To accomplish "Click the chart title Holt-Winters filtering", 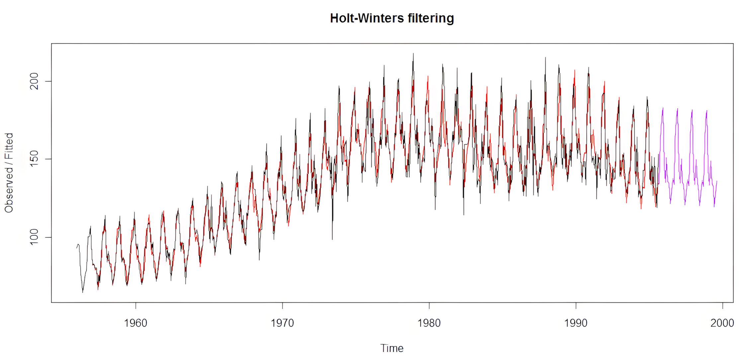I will coord(392,18).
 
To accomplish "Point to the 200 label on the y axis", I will coord(34,81).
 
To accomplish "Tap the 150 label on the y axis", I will coord(34,159).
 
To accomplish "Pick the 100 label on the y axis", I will coord(34,237).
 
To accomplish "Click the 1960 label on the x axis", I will coord(135,323).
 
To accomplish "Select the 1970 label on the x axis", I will coord(282,323).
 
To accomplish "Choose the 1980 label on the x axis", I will coord(429,323).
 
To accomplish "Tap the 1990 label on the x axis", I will coord(576,323).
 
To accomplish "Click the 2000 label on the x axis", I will coord(722,323).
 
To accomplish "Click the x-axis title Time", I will coord(392,348).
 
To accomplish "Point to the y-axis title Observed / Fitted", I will coord(9,173).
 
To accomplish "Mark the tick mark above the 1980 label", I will coord(429,305).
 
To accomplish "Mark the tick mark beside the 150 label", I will coord(49,159).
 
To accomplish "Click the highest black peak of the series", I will coord(413,53).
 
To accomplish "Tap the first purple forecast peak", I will coord(663,108).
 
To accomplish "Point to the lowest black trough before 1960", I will coord(83,292).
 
